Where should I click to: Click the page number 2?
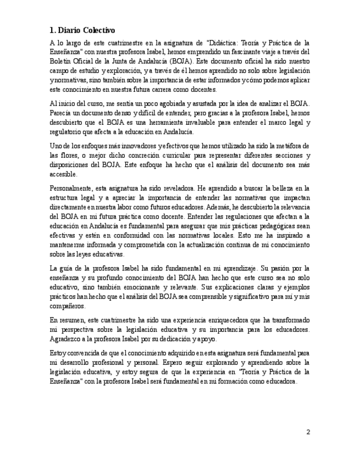click(308, 432)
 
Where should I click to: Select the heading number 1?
click(52, 30)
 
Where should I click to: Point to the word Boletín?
click(61, 61)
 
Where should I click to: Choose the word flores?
click(69, 155)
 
